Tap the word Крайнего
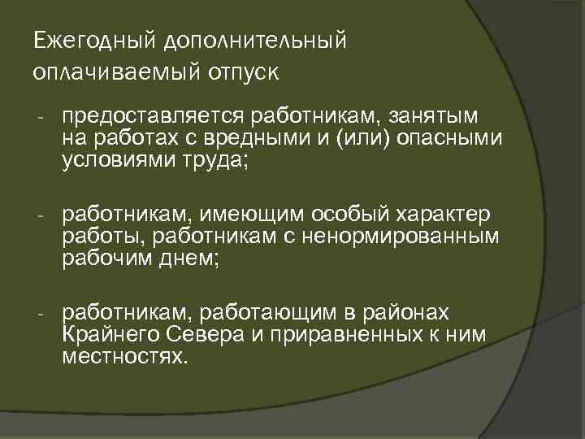click(x=104, y=335)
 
